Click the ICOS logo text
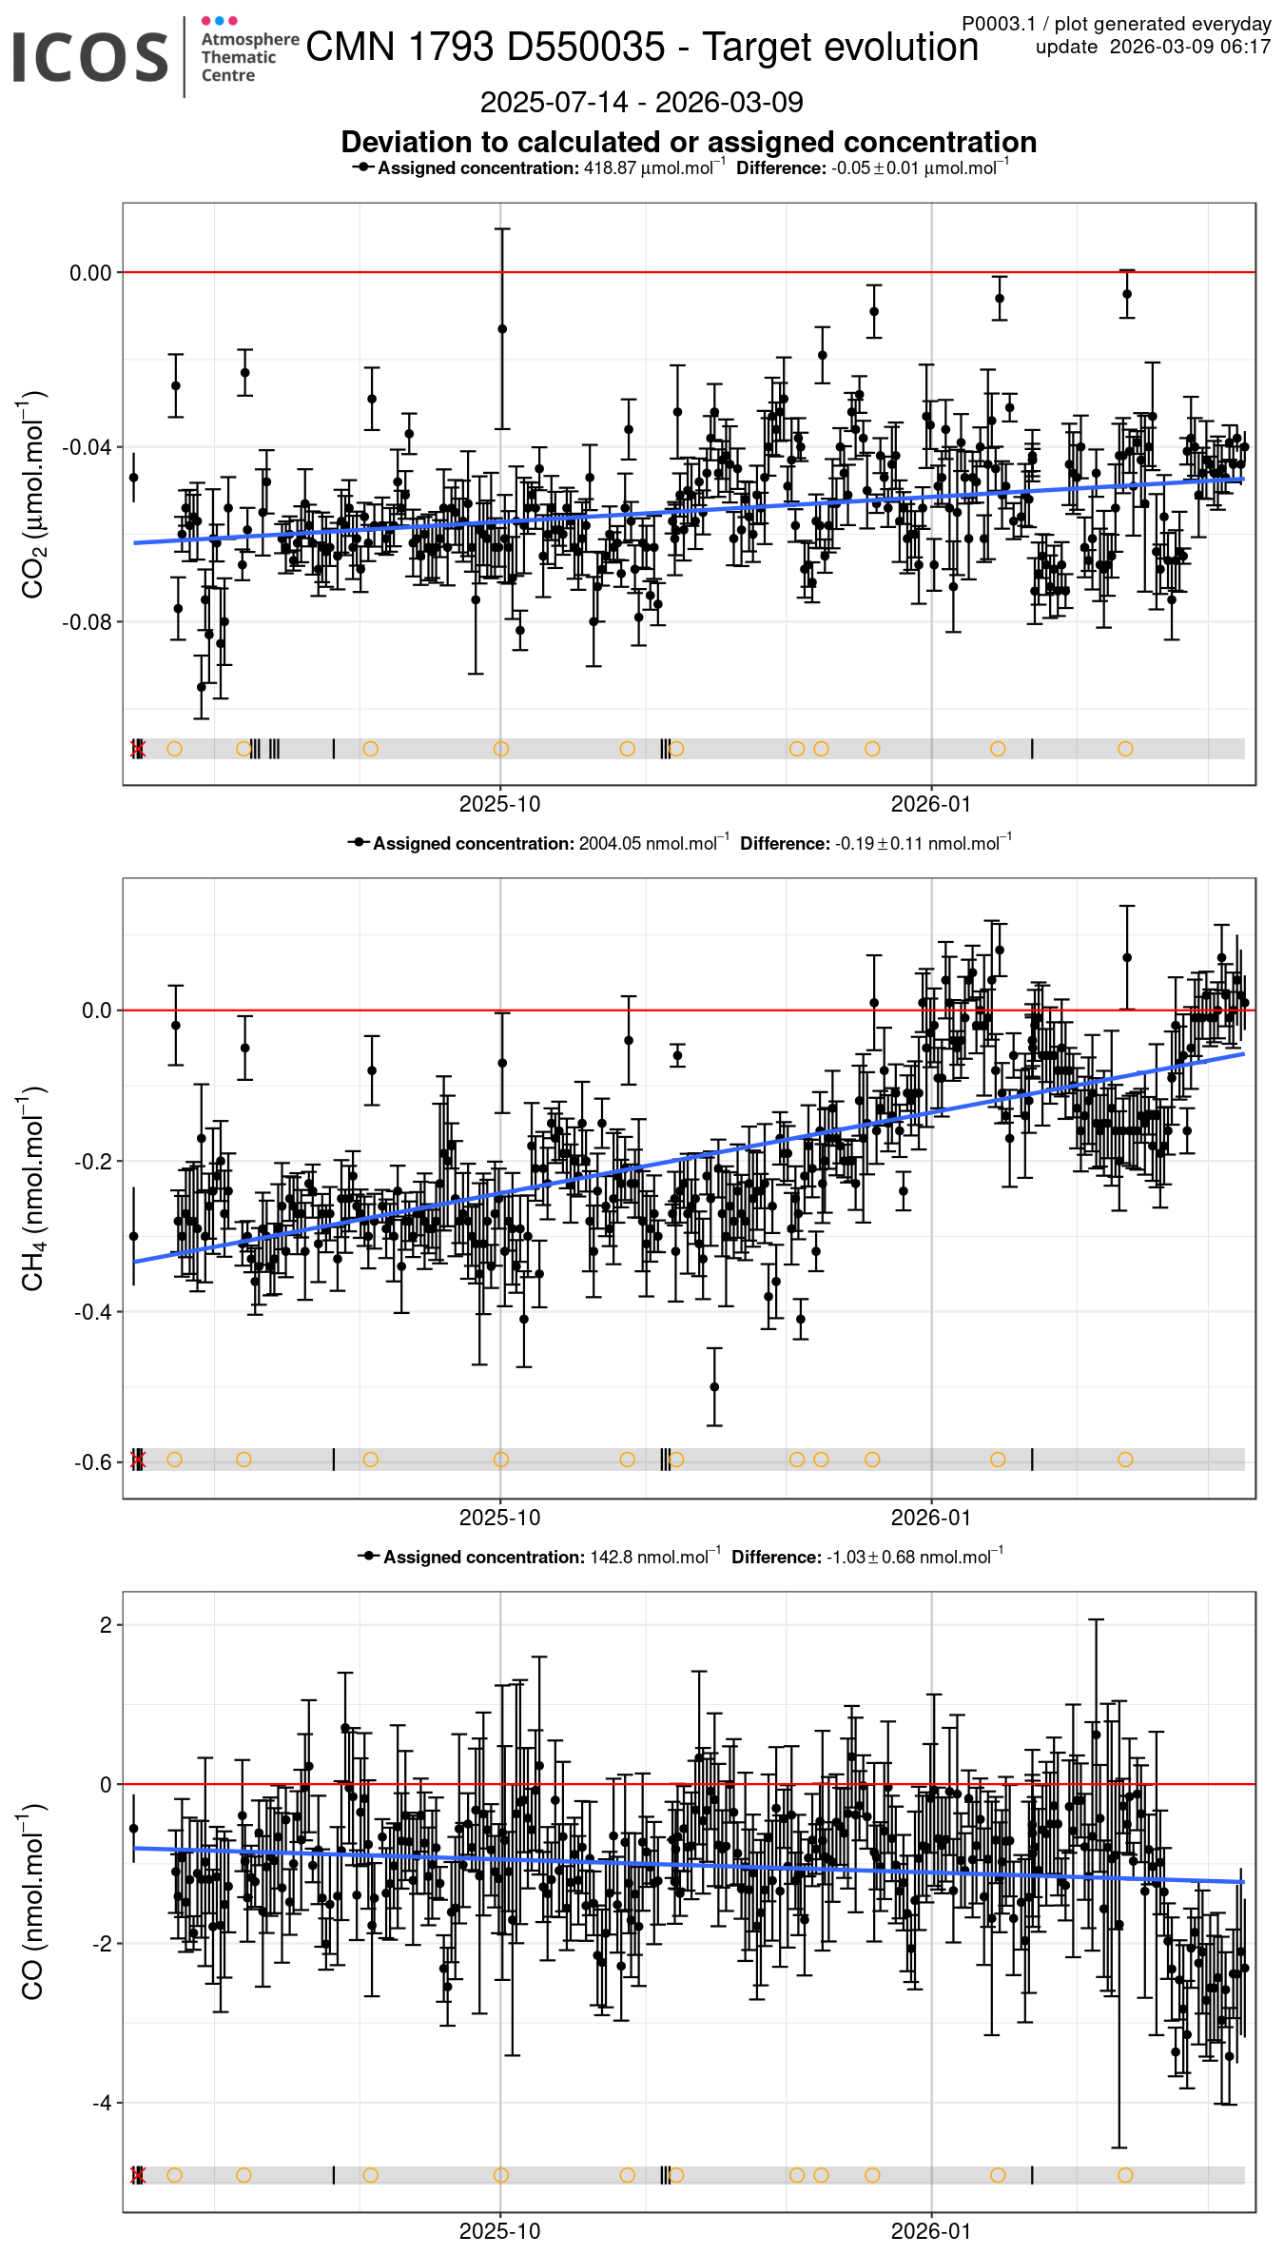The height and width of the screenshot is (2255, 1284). tap(90, 56)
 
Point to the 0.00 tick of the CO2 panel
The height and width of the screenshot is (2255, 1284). tap(90, 273)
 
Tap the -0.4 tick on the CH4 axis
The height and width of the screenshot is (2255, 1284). tap(95, 1312)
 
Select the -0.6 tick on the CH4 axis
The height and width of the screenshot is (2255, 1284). tap(95, 1462)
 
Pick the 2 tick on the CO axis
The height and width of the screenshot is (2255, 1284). tap(106, 1625)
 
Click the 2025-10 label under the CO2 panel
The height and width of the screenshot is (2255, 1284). tap(499, 805)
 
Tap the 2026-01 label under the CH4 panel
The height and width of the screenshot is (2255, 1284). tap(931, 1519)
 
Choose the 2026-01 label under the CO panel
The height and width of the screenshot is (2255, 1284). tap(931, 2232)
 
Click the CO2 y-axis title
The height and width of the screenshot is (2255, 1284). tap(33, 494)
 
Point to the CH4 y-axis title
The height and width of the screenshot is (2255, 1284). tap(33, 1188)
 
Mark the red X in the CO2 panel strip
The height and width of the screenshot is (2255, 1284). tap(138, 750)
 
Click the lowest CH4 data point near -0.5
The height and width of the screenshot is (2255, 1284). tap(714, 1387)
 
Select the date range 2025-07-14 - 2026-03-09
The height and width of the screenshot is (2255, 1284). tap(641, 103)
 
